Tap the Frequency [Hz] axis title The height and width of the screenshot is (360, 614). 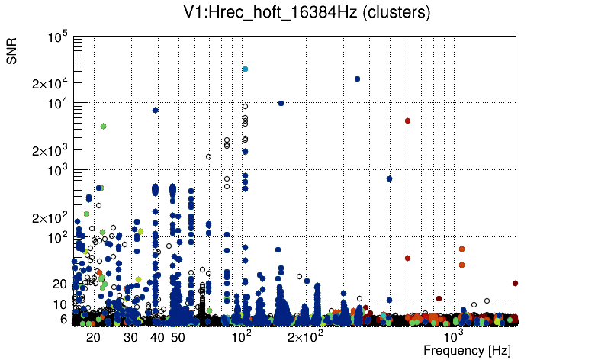[467, 350]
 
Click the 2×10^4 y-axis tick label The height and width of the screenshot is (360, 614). [50, 83]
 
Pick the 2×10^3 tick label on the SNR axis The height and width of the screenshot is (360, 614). [50, 150]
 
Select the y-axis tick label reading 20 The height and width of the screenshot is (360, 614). [60, 284]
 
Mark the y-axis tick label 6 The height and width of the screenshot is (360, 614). [64, 319]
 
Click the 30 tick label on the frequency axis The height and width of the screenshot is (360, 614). [130, 337]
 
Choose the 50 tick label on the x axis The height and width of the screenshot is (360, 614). [178, 337]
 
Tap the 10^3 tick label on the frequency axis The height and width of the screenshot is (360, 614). [454, 336]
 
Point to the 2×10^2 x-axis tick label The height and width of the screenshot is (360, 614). [304, 336]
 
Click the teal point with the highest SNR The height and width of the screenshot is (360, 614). [245, 69]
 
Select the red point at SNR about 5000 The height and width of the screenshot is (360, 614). [407, 121]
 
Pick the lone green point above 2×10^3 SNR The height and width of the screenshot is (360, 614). [103, 126]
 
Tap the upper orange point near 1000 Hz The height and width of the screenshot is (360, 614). [461, 249]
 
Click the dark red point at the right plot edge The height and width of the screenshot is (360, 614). [515, 283]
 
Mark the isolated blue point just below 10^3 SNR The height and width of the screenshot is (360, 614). [389, 178]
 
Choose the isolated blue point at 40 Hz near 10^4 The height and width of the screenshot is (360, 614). [155, 110]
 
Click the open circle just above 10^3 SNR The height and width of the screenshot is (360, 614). [208, 157]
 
